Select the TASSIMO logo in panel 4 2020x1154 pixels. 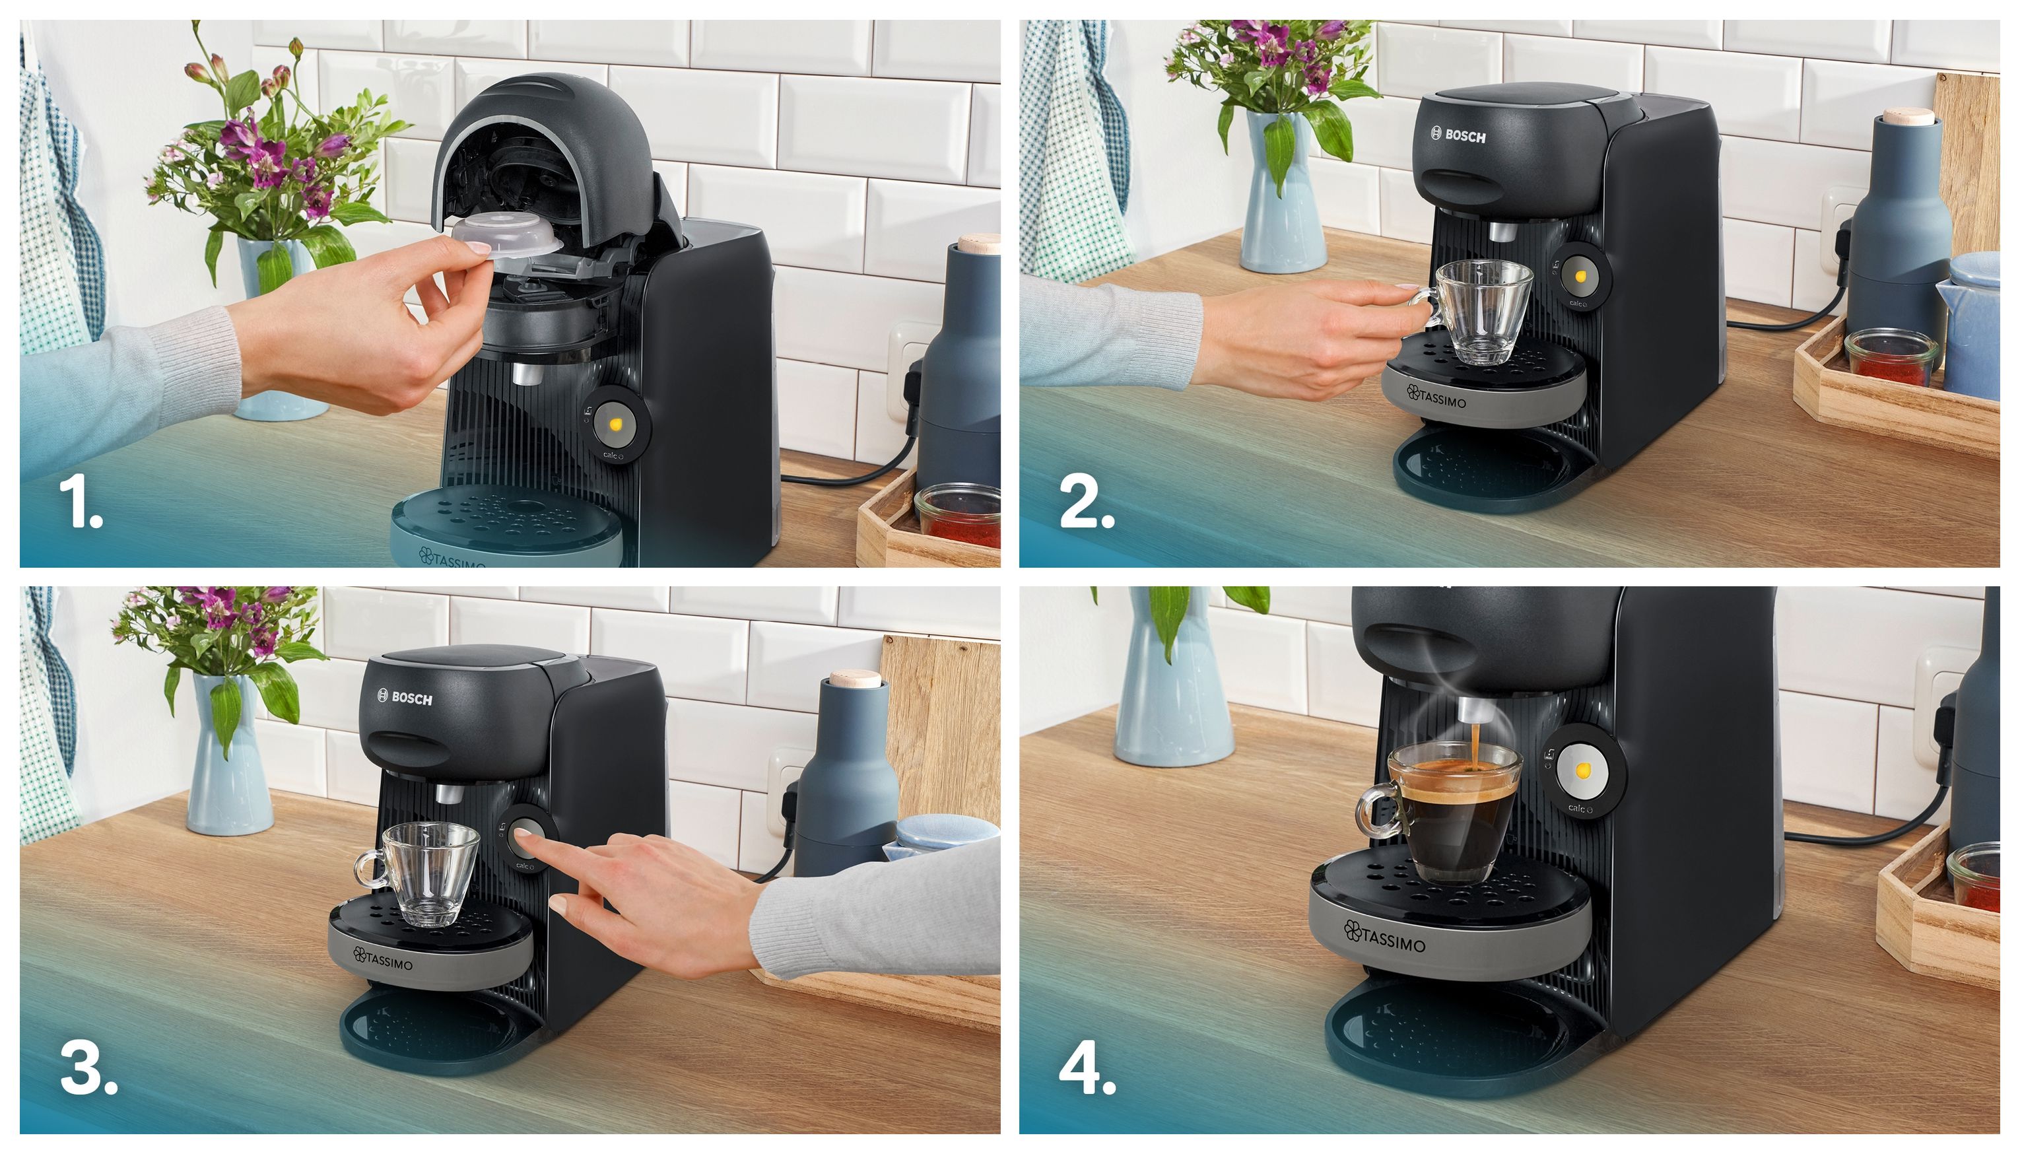[1384, 936]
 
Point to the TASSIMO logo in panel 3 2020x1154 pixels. [383, 957]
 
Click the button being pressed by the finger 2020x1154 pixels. [525, 836]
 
